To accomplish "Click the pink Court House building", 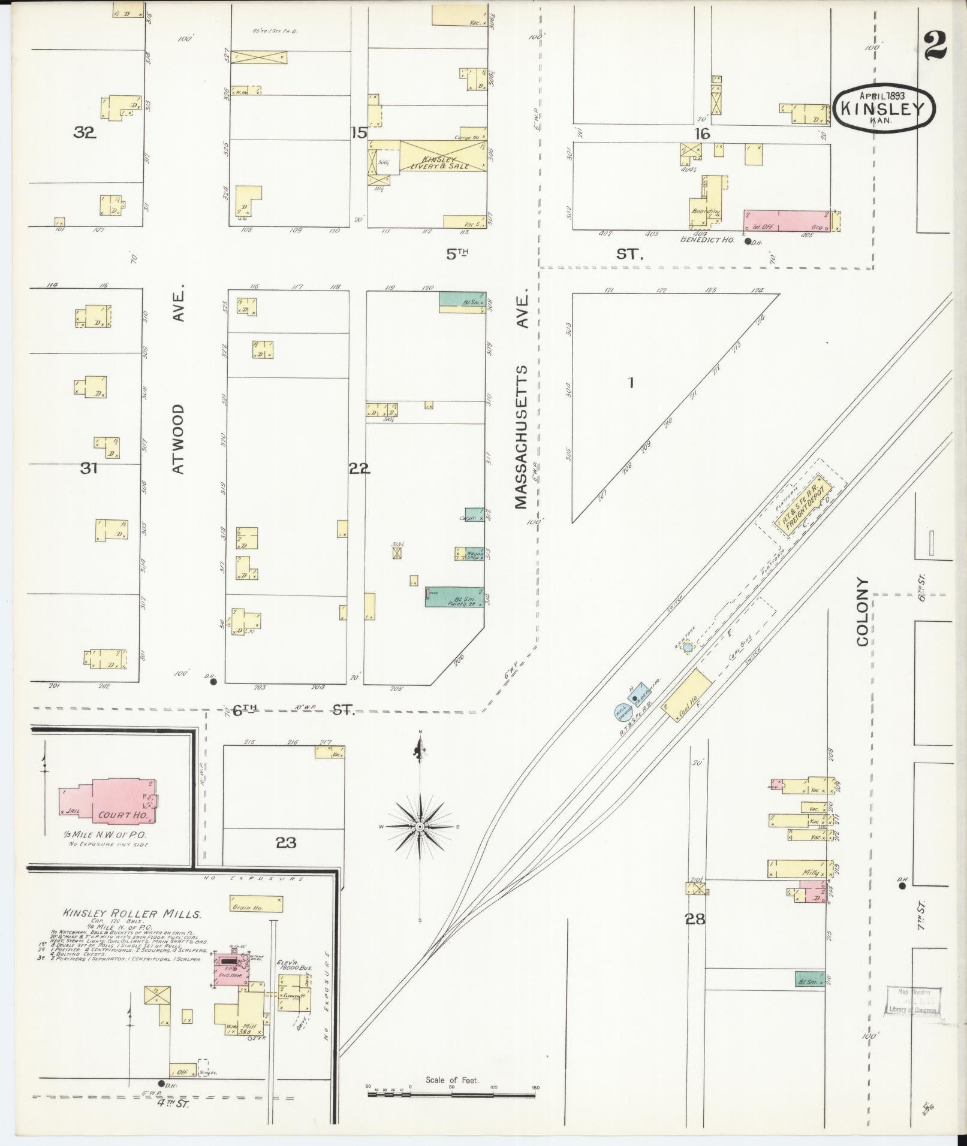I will click(114, 801).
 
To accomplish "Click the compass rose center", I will click(420, 827).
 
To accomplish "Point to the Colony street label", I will click(863, 611).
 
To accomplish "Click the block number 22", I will click(359, 469).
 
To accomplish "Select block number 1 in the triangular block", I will click(630, 382).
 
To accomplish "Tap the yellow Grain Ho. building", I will click(256, 903).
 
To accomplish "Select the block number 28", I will click(695, 918).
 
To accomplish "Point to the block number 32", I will click(85, 133).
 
